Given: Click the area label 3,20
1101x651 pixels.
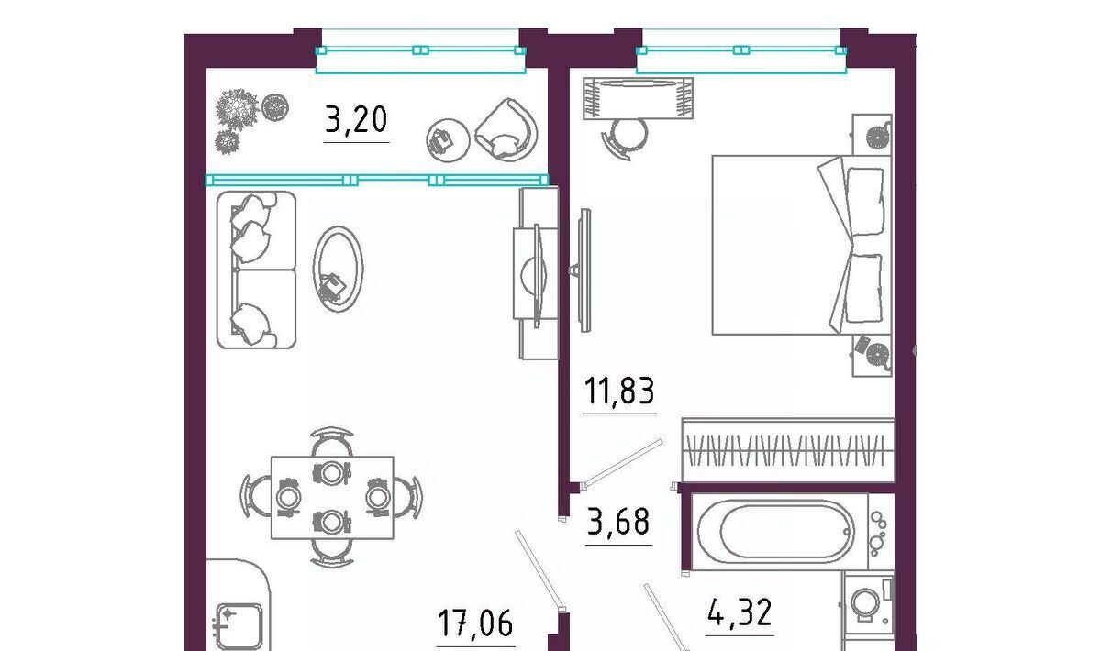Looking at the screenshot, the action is (x=356, y=120).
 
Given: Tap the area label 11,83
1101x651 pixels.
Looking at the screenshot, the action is (x=619, y=392).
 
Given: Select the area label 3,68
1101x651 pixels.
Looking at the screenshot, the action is (x=618, y=522).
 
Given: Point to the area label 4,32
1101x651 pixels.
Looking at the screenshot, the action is (x=740, y=613).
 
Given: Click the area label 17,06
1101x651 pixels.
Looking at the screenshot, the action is (x=475, y=623).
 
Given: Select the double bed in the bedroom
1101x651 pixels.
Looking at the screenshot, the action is (x=802, y=245).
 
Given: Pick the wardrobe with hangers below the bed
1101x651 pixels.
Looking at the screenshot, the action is (x=788, y=450).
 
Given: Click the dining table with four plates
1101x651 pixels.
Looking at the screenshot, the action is (x=332, y=497).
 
